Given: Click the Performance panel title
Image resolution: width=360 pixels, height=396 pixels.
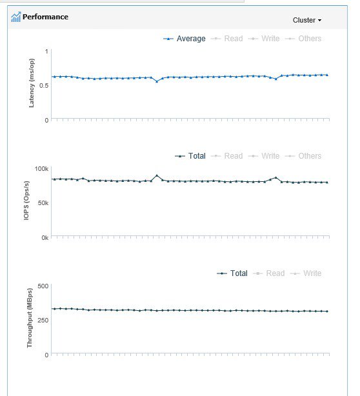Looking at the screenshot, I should click(x=45, y=17).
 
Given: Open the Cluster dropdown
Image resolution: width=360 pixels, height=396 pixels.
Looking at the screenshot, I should click(x=306, y=20).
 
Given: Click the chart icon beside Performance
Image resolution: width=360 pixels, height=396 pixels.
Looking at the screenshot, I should click(x=15, y=17).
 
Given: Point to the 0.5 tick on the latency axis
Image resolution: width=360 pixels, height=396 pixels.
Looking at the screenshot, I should click(x=43, y=85).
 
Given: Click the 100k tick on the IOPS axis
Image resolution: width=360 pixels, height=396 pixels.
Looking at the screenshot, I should click(x=41, y=168).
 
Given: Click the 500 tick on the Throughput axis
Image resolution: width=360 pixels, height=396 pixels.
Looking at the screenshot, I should click(x=42, y=286).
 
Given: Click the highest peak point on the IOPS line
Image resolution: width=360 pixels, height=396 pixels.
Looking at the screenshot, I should click(x=157, y=175).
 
